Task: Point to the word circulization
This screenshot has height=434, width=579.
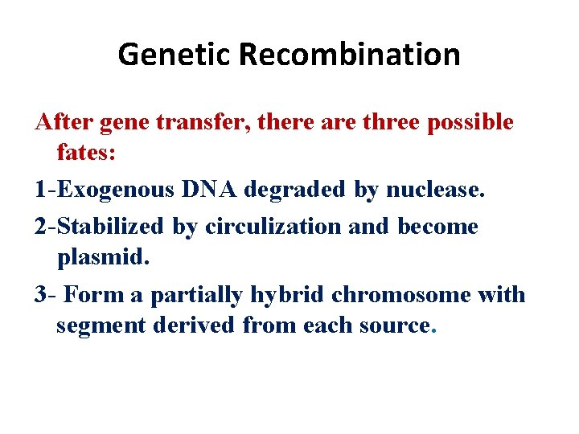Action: (x=273, y=227)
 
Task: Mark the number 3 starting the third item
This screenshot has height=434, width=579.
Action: (x=40, y=295)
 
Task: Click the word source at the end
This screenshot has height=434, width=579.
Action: (x=394, y=326)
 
